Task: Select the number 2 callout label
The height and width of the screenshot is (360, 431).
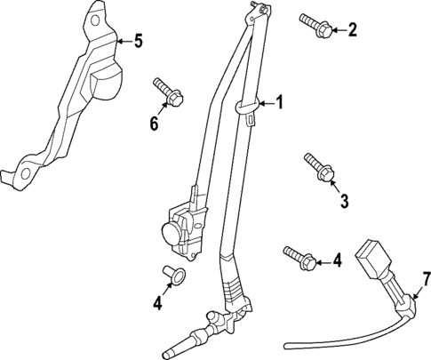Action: point(352,31)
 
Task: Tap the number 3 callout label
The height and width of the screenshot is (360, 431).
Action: point(344,200)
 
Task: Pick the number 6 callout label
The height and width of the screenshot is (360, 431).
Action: point(154,124)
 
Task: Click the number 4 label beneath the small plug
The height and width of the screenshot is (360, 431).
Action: point(156,303)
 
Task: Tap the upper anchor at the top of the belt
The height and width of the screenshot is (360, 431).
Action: point(257,10)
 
